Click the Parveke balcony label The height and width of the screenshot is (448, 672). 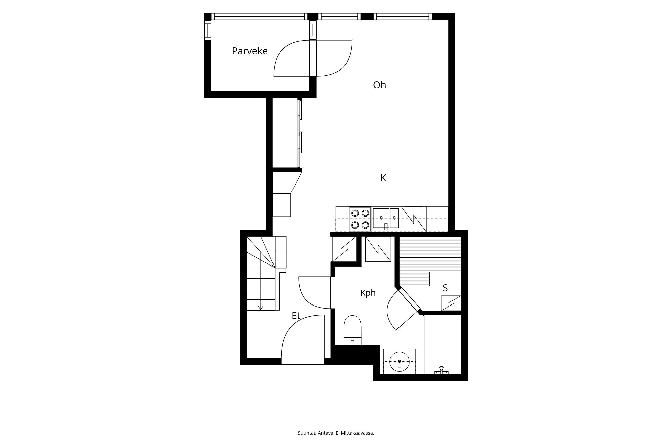point(250,51)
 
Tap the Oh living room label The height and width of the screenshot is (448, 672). point(379,85)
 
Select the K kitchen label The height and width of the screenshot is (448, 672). point(383,178)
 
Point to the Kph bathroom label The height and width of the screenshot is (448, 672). point(368,293)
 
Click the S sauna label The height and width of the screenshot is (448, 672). point(445,288)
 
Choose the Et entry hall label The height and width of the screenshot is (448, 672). point(296,316)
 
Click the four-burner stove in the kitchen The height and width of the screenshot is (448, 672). point(360,219)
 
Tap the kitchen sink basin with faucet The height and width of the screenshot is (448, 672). point(386,219)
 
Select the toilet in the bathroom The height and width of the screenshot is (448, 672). point(352,330)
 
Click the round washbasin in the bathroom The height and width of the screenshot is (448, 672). point(400,362)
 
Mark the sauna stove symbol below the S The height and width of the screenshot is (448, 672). point(451,303)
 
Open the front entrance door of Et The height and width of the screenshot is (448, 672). point(303,339)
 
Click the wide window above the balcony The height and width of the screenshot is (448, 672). point(259,17)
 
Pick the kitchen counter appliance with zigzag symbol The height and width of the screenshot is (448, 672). point(414,219)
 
